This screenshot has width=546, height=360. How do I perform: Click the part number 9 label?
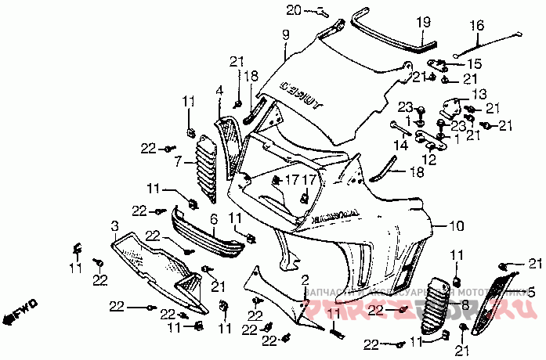point(286,34)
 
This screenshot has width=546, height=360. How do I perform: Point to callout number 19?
point(424,21)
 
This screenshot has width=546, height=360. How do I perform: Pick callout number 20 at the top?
point(294,9)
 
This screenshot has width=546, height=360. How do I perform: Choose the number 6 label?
point(213,220)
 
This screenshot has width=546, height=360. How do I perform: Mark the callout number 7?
point(178,162)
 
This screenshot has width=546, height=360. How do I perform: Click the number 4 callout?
point(220,92)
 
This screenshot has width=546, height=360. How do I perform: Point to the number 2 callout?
point(306,279)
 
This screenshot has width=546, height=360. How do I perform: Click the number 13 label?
point(479,92)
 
